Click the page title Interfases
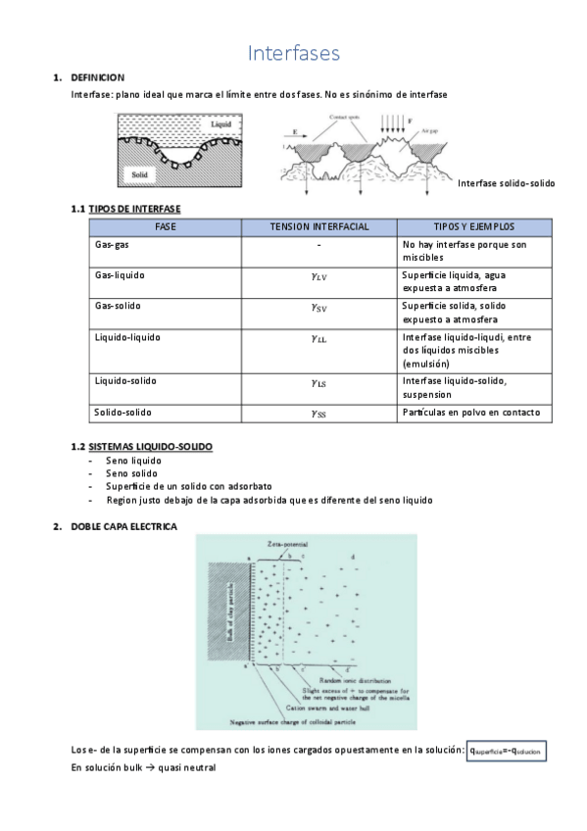(x=293, y=53)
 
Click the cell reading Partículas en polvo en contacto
(x=470, y=413)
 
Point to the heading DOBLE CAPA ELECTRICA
(x=123, y=526)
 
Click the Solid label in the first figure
(x=137, y=175)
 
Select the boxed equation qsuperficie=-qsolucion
(x=506, y=751)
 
